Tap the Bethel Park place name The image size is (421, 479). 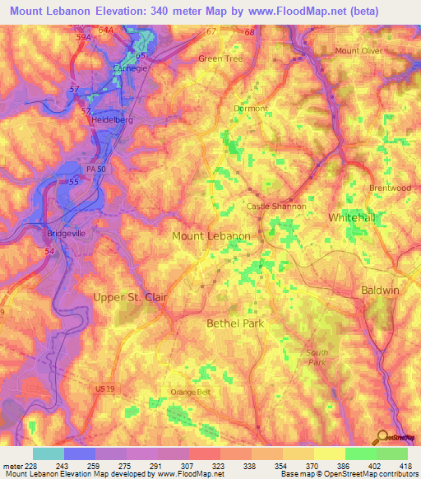pyautogui.click(x=235, y=323)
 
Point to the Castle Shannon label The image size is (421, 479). pyautogui.click(x=277, y=207)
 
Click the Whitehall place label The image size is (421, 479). pyautogui.click(x=352, y=217)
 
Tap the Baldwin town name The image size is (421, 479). pyautogui.click(x=379, y=291)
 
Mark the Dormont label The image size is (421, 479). pyautogui.click(x=250, y=109)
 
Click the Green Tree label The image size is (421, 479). pyautogui.click(x=220, y=59)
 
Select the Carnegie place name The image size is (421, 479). pyautogui.click(x=130, y=68)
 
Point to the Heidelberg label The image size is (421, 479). pyautogui.click(x=112, y=119)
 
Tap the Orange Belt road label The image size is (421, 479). pyautogui.click(x=190, y=392)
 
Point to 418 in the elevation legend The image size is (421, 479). pyautogui.click(x=406, y=466)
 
